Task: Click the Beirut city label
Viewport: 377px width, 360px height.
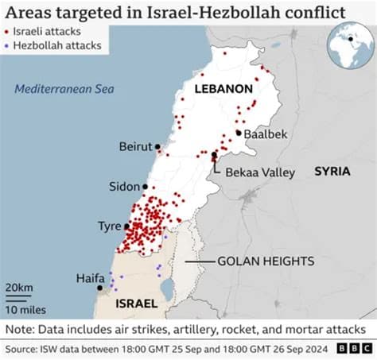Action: [x=135, y=147]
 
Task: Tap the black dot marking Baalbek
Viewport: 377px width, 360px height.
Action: [x=238, y=133]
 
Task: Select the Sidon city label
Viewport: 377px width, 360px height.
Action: [x=124, y=187]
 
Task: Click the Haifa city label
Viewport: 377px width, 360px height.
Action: [x=90, y=278]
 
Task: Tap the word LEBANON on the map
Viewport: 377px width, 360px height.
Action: [x=225, y=89]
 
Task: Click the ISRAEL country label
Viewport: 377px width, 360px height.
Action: [x=135, y=304]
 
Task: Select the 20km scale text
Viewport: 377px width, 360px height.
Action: [x=17, y=287]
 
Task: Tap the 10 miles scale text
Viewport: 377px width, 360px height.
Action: [x=25, y=308]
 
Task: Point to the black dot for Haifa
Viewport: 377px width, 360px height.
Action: [x=99, y=288]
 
